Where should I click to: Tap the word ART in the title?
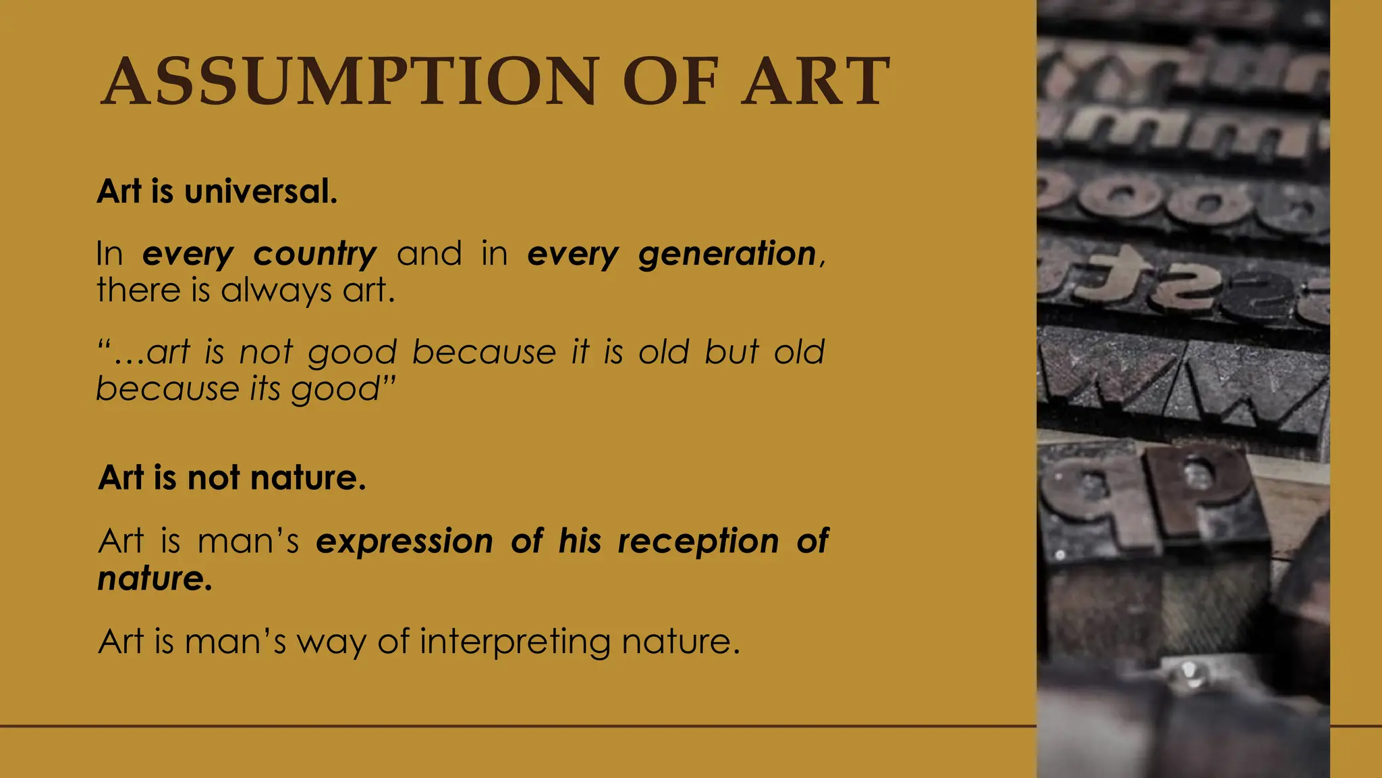(x=815, y=82)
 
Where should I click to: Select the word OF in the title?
(x=669, y=82)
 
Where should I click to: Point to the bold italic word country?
(x=315, y=255)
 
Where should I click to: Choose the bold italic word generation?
(x=727, y=255)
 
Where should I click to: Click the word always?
(x=276, y=291)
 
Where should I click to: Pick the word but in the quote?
(x=732, y=352)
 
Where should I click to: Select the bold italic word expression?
(x=404, y=541)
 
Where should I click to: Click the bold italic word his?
(x=580, y=541)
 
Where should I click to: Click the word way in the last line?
(x=331, y=642)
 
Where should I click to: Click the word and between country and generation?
(x=429, y=254)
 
